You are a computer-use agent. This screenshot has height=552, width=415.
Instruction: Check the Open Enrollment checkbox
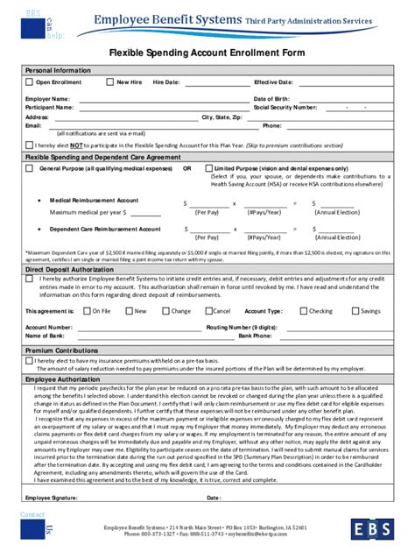(x=29, y=82)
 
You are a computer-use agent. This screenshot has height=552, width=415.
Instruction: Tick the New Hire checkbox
(x=110, y=82)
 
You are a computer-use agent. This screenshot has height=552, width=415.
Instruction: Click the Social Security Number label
(x=285, y=107)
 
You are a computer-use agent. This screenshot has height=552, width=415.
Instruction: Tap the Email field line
(x=131, y=126)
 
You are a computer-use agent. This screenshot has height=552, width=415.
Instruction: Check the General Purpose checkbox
(x=31, y=167)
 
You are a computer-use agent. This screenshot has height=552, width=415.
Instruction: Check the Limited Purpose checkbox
(x=208, y=167)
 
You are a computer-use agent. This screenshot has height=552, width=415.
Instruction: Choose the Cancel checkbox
(x=208, y=311)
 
